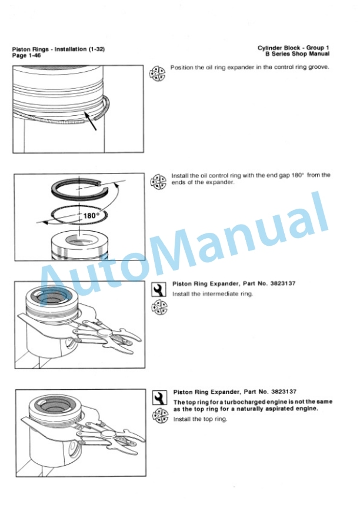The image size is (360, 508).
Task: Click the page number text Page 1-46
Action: tap(26, 55)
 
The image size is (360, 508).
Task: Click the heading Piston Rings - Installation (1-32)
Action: tap(58, 49)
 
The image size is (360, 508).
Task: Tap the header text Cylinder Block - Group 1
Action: tap(294, 48)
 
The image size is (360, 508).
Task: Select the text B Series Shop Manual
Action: tap(297, 54)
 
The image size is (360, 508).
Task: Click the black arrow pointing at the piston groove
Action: tap(91, 121)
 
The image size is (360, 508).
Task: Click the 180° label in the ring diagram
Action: tap(90, 216)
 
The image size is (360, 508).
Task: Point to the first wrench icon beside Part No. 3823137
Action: tap(159, 290)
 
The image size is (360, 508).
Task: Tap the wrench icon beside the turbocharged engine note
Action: tap(160, 398)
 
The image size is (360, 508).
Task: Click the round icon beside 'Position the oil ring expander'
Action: tap(157, 74)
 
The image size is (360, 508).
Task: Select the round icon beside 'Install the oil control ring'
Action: tap(158, 182)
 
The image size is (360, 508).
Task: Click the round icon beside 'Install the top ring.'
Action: tap(161, 416)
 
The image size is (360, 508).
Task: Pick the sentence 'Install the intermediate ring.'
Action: tap(212, 294)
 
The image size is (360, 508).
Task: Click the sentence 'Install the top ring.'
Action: tap(200, 419)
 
